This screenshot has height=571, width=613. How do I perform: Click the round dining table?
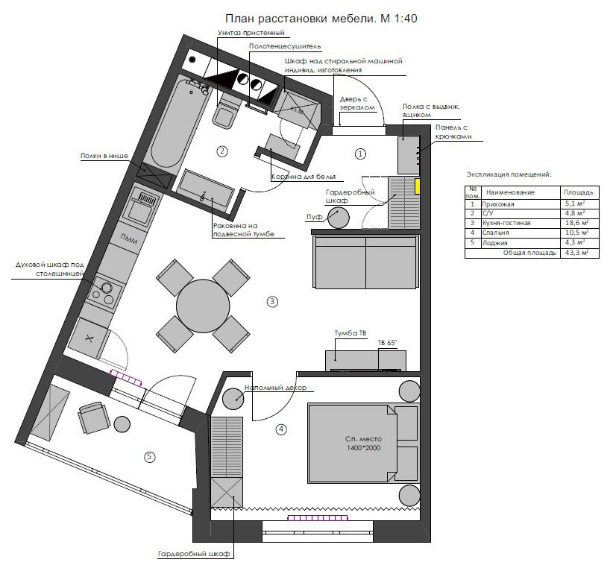click(x=203, y=306)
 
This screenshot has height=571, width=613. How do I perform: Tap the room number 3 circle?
click(x=272, y=301)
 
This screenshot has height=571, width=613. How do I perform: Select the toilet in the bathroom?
click(x=224, y=113)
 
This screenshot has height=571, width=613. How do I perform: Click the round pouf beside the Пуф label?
click(x=338, y=218)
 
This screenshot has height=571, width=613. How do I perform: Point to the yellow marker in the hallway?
click(x=418, y=186)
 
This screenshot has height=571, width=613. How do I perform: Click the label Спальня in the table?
click(x=496, y=233)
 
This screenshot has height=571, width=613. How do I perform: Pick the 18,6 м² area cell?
click(x=576, y=223)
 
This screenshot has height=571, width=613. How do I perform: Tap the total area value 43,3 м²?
click(x=576, y=253)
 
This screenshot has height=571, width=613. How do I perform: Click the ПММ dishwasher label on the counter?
click(x=128, y=239)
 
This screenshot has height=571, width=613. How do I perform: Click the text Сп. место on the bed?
click(x=364, y=438)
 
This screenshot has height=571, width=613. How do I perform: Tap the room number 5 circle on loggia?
click(x=150, y=456)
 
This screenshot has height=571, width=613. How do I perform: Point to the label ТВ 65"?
click(x=388, y=343)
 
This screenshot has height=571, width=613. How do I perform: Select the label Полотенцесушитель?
click(x=285, y=46)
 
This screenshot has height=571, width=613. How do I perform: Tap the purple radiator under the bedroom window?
click(x=318, y=518)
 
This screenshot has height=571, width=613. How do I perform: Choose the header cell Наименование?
click(x=510, y=192)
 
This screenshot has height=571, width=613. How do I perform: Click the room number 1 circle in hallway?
click(x=360, y=154)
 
